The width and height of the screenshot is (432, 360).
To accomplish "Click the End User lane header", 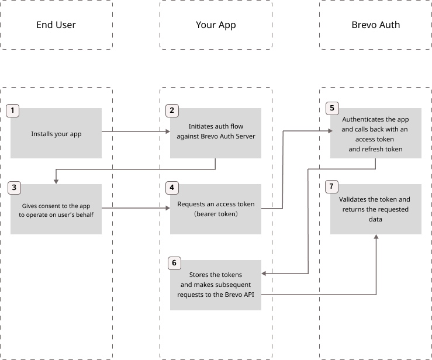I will pyautogui.click(x=56, y=25).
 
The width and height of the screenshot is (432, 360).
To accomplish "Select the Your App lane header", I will pyautogui.click(x=216, y=25).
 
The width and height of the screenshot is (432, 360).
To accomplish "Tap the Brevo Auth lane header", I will pyautogui.click(x=375, y=25).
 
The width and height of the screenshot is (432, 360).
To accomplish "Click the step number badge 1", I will pyautogui.click(x=13, y=110).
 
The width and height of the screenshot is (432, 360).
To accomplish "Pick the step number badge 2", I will pyautogui.click(x=172, y=110).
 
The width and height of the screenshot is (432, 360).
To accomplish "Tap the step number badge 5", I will pyautogui.click(x=331, y=109).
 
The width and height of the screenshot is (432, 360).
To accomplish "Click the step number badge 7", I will pyautogui.click(x=331, y=187).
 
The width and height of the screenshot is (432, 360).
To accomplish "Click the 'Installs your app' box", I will pyautogui.click(x=56, y=133).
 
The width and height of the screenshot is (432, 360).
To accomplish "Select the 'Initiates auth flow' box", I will pyautogui.click(x=216, y=133).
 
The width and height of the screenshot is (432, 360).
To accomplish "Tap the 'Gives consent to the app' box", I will pyautogui.click(x=56, y=209).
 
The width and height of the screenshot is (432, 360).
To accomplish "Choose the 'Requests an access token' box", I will pyautogui.click(x=216, y=209).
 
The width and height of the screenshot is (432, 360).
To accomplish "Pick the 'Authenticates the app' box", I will pyautogui.click(x=375, y=133).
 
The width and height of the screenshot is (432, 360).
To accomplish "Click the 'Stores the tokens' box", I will pyautogui.click(x=216, y=285).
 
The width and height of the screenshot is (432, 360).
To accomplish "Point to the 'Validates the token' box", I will pyautogui.click(x=375, y=209).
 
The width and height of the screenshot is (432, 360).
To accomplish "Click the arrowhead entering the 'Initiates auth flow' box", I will pyautogui.click(x=167, y=132).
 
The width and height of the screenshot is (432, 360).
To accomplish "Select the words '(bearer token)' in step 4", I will pyautogui.click(x=216, y=214).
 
